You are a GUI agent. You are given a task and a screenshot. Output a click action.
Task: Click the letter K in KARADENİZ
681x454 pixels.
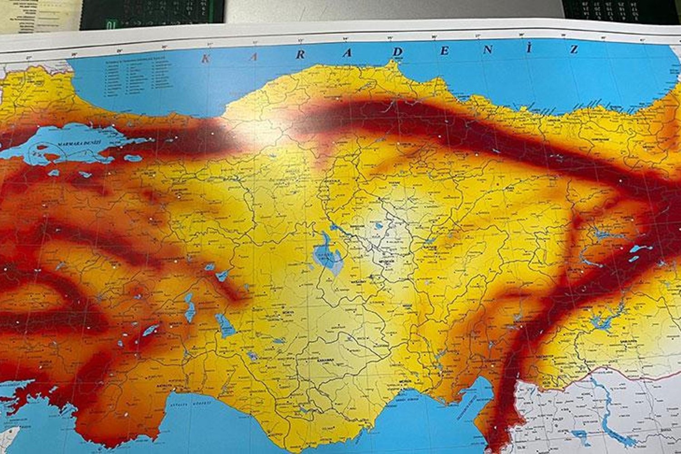(206, 59)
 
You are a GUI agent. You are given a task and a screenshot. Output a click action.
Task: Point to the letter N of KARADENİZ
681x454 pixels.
(488, 50)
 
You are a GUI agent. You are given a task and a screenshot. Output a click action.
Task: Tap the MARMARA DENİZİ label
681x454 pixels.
(74, 144)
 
